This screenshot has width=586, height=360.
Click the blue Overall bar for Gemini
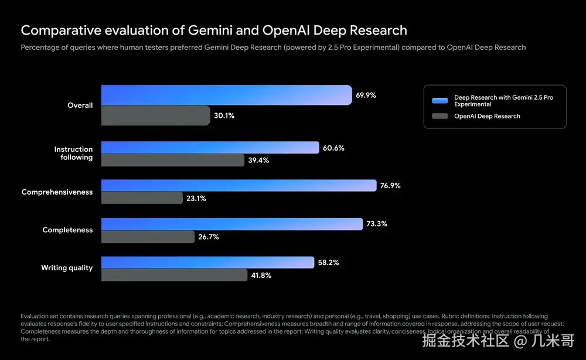tap(226, 95)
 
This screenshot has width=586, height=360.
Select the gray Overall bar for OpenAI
tap(155, 116)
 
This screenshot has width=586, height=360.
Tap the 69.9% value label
tap(365, 95)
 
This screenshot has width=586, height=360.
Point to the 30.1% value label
tap(224, 116)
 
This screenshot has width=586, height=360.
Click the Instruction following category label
tap(73, 154)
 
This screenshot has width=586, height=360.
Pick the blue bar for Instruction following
tap(210, 148)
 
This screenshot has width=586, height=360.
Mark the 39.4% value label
tap(258, 160)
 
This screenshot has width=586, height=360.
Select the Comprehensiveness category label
tap(57, 192)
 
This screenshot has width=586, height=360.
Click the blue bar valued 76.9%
tap(239, 186)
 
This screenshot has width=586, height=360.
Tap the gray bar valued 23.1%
tap(142, 198)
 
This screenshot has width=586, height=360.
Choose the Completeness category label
tap(67, 230)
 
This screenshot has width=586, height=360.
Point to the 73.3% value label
tap(377, 224)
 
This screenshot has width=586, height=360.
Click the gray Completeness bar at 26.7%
tap(148, 236)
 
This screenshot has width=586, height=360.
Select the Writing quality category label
tap(67, 268)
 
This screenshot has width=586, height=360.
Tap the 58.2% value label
tap(328, 263)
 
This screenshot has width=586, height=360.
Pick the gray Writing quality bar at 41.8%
tap(174, 275)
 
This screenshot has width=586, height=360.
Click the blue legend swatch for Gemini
tap(439, 100)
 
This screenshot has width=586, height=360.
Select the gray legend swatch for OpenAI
tap(439, 116)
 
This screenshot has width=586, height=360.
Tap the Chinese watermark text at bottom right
tap(498, 339)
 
